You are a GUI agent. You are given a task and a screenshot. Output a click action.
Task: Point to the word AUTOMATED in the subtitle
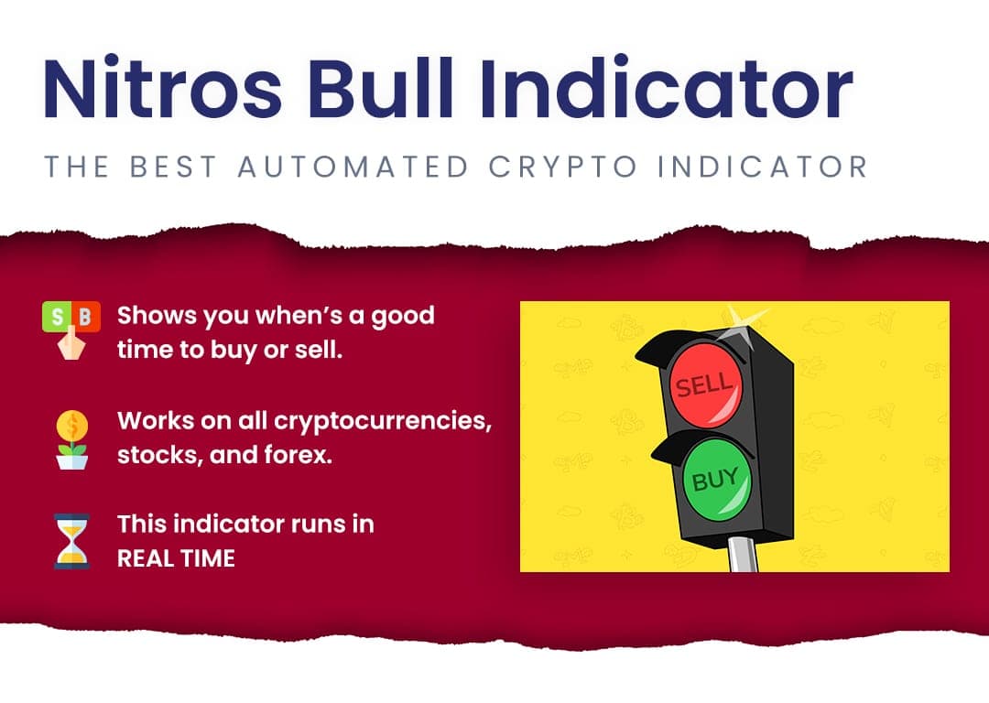point(353,167)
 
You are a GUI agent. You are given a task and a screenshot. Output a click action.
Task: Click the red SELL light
point(704,383)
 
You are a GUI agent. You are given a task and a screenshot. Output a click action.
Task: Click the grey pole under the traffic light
point(743,554)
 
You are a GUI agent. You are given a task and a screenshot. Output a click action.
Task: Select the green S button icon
point(57,316)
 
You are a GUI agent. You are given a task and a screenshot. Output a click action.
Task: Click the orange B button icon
point(86,316)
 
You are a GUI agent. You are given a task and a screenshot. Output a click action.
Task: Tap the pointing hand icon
point(71,343)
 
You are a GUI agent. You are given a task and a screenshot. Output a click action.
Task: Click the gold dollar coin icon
point(72,427)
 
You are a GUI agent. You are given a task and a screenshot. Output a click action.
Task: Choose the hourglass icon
point(71,542)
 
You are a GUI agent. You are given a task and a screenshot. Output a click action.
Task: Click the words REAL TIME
point(176,558)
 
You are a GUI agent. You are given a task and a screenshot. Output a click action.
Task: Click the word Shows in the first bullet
point(158,315)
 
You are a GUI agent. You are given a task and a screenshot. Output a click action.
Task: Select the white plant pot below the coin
point(72,461)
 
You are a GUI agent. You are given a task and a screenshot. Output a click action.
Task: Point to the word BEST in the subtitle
point(173,167)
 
